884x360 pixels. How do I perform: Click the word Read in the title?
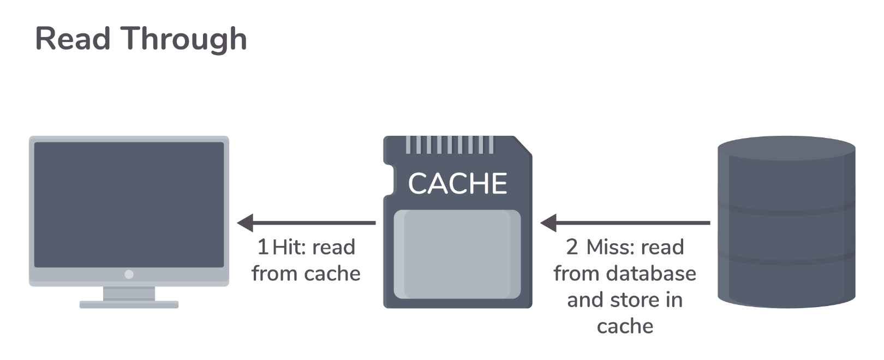click(x=73, y=39)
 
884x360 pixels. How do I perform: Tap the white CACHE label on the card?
click(x=457, y=183)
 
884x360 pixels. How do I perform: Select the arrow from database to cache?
click(x=633, y=223)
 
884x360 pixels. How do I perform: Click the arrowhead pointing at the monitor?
click(x=246, y=223)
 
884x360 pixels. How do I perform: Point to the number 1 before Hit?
click(x=262, y=247)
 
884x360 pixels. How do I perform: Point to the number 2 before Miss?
click(x=572, y=247)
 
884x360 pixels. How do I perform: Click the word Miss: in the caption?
click(x=610, y=247)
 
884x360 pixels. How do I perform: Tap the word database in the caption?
click(x=650, y=273)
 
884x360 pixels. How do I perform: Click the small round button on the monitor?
click(x=129, y=274)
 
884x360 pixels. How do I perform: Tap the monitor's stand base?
click(x=129, y=304)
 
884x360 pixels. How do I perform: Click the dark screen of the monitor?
click(x=129, y=205)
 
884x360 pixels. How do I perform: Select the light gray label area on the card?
click(x=457, y=254)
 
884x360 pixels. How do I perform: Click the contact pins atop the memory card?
click(x=450, y=145)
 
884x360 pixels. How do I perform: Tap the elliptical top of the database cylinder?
click(x=786, y=148)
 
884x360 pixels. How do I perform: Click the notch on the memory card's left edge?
click(x=389, y=180)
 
